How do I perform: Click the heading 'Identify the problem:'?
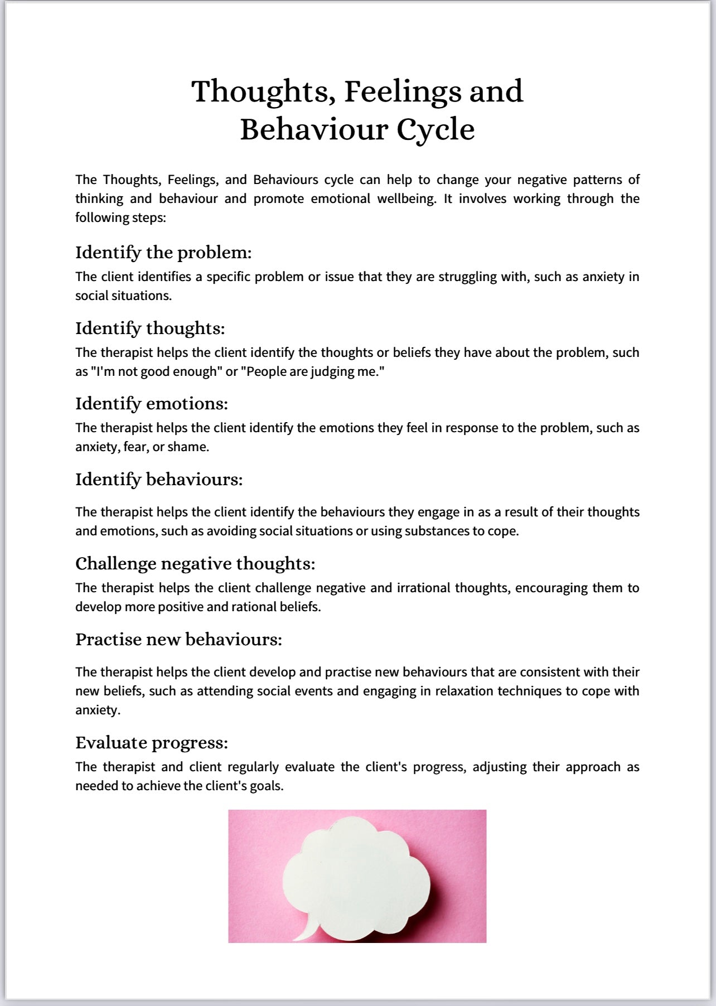163,253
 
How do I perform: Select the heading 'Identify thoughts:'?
150,328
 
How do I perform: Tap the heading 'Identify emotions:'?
152,404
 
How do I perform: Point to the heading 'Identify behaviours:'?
159,480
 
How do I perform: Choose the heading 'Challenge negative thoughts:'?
195,564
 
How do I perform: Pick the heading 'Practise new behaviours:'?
178,640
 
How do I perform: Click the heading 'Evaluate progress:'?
152,743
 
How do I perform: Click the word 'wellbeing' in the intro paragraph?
406,199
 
